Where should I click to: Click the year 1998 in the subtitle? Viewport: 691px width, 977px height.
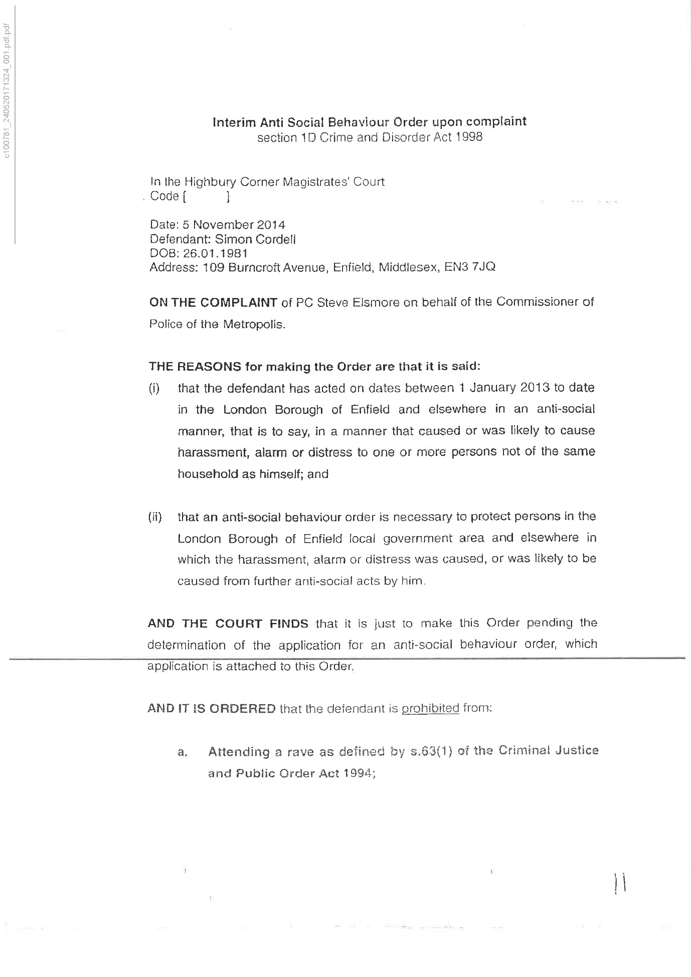pyautogui.click(x=469, y=138)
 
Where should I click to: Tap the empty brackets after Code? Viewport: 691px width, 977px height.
pyautogui.click(x=207, y=197)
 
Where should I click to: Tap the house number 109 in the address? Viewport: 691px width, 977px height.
pyautogui.click(x=213, y=267)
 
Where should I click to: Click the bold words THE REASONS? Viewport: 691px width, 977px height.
pyautogui.click(x=195, y=367)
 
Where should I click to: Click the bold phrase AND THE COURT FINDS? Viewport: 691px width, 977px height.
pyautogui.click(x=228, y=623)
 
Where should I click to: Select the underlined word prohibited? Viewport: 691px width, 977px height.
pyautogui.click(x=430, y=708)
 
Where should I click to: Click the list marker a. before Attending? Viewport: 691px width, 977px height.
pyautogui.click(x=183, y=752)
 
